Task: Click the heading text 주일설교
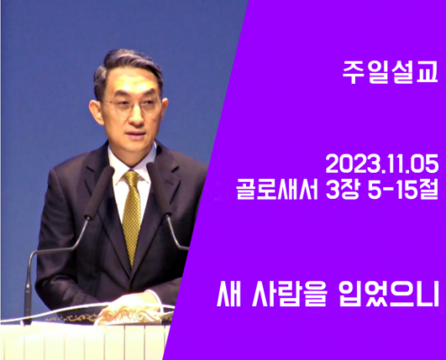390,72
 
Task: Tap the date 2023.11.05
382,165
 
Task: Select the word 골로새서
277,190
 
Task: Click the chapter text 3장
342,190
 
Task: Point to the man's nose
136,115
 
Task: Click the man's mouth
137,132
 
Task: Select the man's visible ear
96,110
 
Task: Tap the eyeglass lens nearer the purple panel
150,105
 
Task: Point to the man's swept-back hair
126,66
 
